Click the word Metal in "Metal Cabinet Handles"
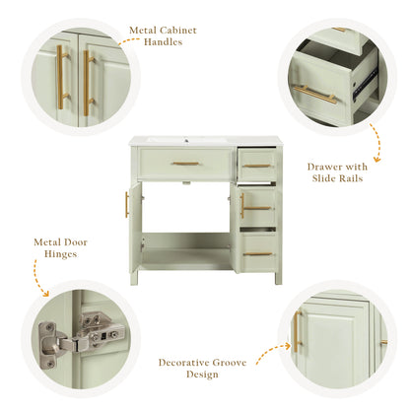143,31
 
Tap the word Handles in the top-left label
163,42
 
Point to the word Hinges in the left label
60,254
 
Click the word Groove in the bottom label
230,363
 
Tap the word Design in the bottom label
202,375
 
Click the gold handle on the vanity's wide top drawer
186,164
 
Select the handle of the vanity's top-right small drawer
257,166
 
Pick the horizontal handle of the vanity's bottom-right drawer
258,254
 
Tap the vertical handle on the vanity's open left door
127,205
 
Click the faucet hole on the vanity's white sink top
186,141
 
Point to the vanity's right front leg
278,278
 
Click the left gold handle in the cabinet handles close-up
60,77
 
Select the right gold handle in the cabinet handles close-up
87,83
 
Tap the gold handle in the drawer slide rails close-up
314,95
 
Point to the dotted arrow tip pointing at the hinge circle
46,295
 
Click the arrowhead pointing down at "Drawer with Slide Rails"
377,160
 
